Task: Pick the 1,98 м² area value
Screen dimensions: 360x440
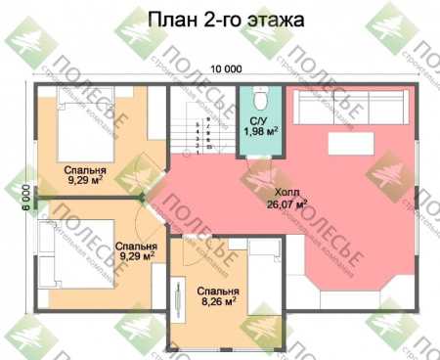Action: pyautogui.click(x=260, y=131)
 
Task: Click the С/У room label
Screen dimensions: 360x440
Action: pyautogui.click(x=260, y=120)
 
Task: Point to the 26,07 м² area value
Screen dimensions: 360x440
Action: pyautogui.click(x=287, y=204)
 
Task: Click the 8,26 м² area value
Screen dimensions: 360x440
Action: pyautogui.click(x=216, y=303)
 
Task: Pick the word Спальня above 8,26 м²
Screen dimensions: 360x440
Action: pyautogui.click(x=216, y=292)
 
